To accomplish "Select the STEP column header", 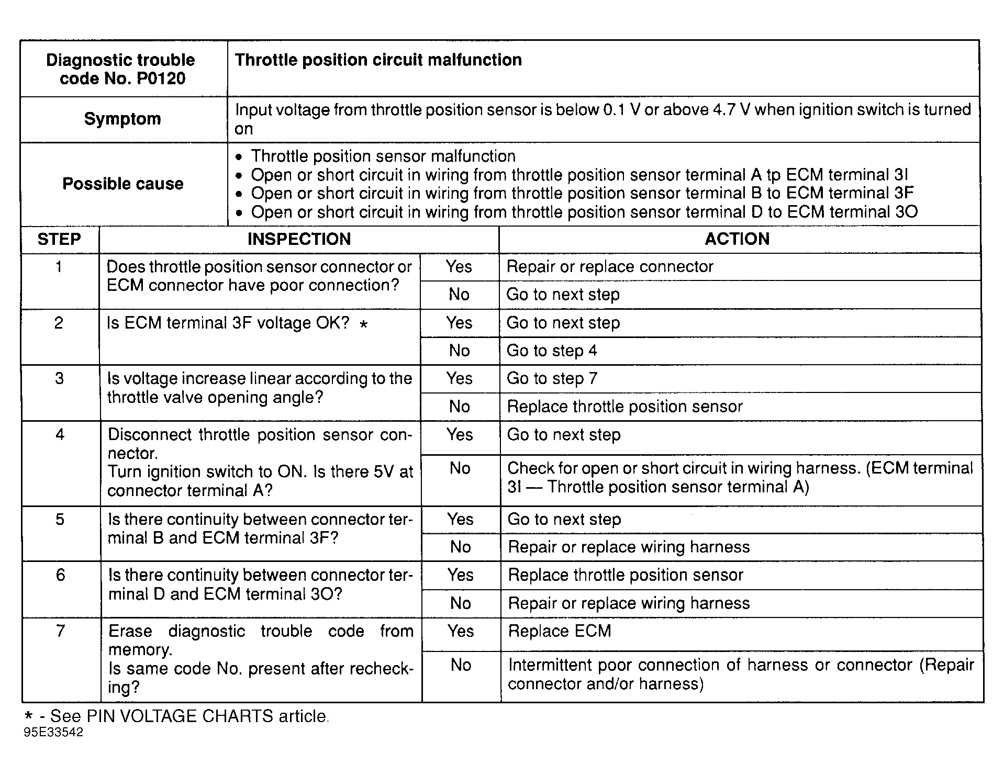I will point(59,239).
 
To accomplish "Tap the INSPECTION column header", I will point(299,239).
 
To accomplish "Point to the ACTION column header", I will point(737,239).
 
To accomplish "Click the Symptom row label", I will point(122,119).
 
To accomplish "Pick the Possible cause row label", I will point(122,184).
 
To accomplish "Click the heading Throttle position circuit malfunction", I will point(378,60).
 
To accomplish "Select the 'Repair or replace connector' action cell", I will point(610,266).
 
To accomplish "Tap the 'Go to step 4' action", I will point(552,350).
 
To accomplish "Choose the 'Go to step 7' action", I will point(552,378).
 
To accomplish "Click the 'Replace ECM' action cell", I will point(560,631).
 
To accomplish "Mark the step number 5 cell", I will point(60,519).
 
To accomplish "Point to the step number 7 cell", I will point(61,631).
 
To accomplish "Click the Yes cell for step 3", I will point(460,378).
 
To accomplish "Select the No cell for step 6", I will point(461,603).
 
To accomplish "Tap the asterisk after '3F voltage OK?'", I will point(364,324).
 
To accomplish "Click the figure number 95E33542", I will point(53,733).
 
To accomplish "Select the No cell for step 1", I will point(459,295).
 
